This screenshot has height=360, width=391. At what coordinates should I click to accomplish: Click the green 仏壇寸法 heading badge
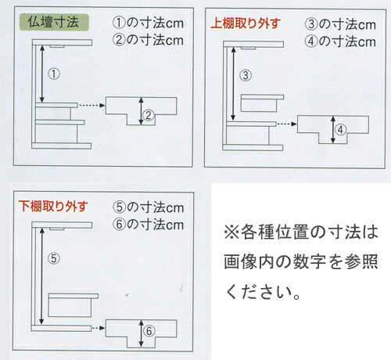(x=54, y=22)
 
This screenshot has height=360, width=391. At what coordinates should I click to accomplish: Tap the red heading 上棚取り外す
(x=246, y=23)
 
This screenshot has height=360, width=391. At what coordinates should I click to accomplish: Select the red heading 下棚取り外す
(x=53, y=207)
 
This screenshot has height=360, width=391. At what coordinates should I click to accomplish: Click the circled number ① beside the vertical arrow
(x=54, y=74)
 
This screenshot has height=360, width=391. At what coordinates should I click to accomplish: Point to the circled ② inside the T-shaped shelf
(x=149, y=115)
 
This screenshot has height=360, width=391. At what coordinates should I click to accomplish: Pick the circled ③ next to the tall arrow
(x=246, y=75)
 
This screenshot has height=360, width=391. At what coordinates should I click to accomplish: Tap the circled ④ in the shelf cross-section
(x=340, y=130)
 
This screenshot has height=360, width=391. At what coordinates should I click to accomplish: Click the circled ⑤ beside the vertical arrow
(x=54, y=258)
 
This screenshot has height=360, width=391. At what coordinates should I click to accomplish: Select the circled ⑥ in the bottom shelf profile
(x=149, y=331)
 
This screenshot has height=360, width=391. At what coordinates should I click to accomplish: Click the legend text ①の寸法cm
(x=148, y=23)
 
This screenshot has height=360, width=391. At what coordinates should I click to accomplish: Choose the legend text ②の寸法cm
(x=148, y=40)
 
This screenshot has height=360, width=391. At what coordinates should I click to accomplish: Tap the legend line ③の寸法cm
(x=340, y=24)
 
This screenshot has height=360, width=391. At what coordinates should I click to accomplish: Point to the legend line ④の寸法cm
(x=340, y=41)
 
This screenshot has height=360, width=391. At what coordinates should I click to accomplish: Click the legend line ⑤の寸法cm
(x=149, y=207)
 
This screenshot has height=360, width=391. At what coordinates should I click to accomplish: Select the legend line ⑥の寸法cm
(x=149, y=225)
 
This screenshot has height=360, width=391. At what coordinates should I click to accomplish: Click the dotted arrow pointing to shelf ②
(x=91, y=106)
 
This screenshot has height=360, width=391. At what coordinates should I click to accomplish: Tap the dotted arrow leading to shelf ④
(x=287, y=124)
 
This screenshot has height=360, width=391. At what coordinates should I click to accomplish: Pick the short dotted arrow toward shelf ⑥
(x=99, y=328)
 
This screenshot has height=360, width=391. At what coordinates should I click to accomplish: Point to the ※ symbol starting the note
(x=231, y=232)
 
